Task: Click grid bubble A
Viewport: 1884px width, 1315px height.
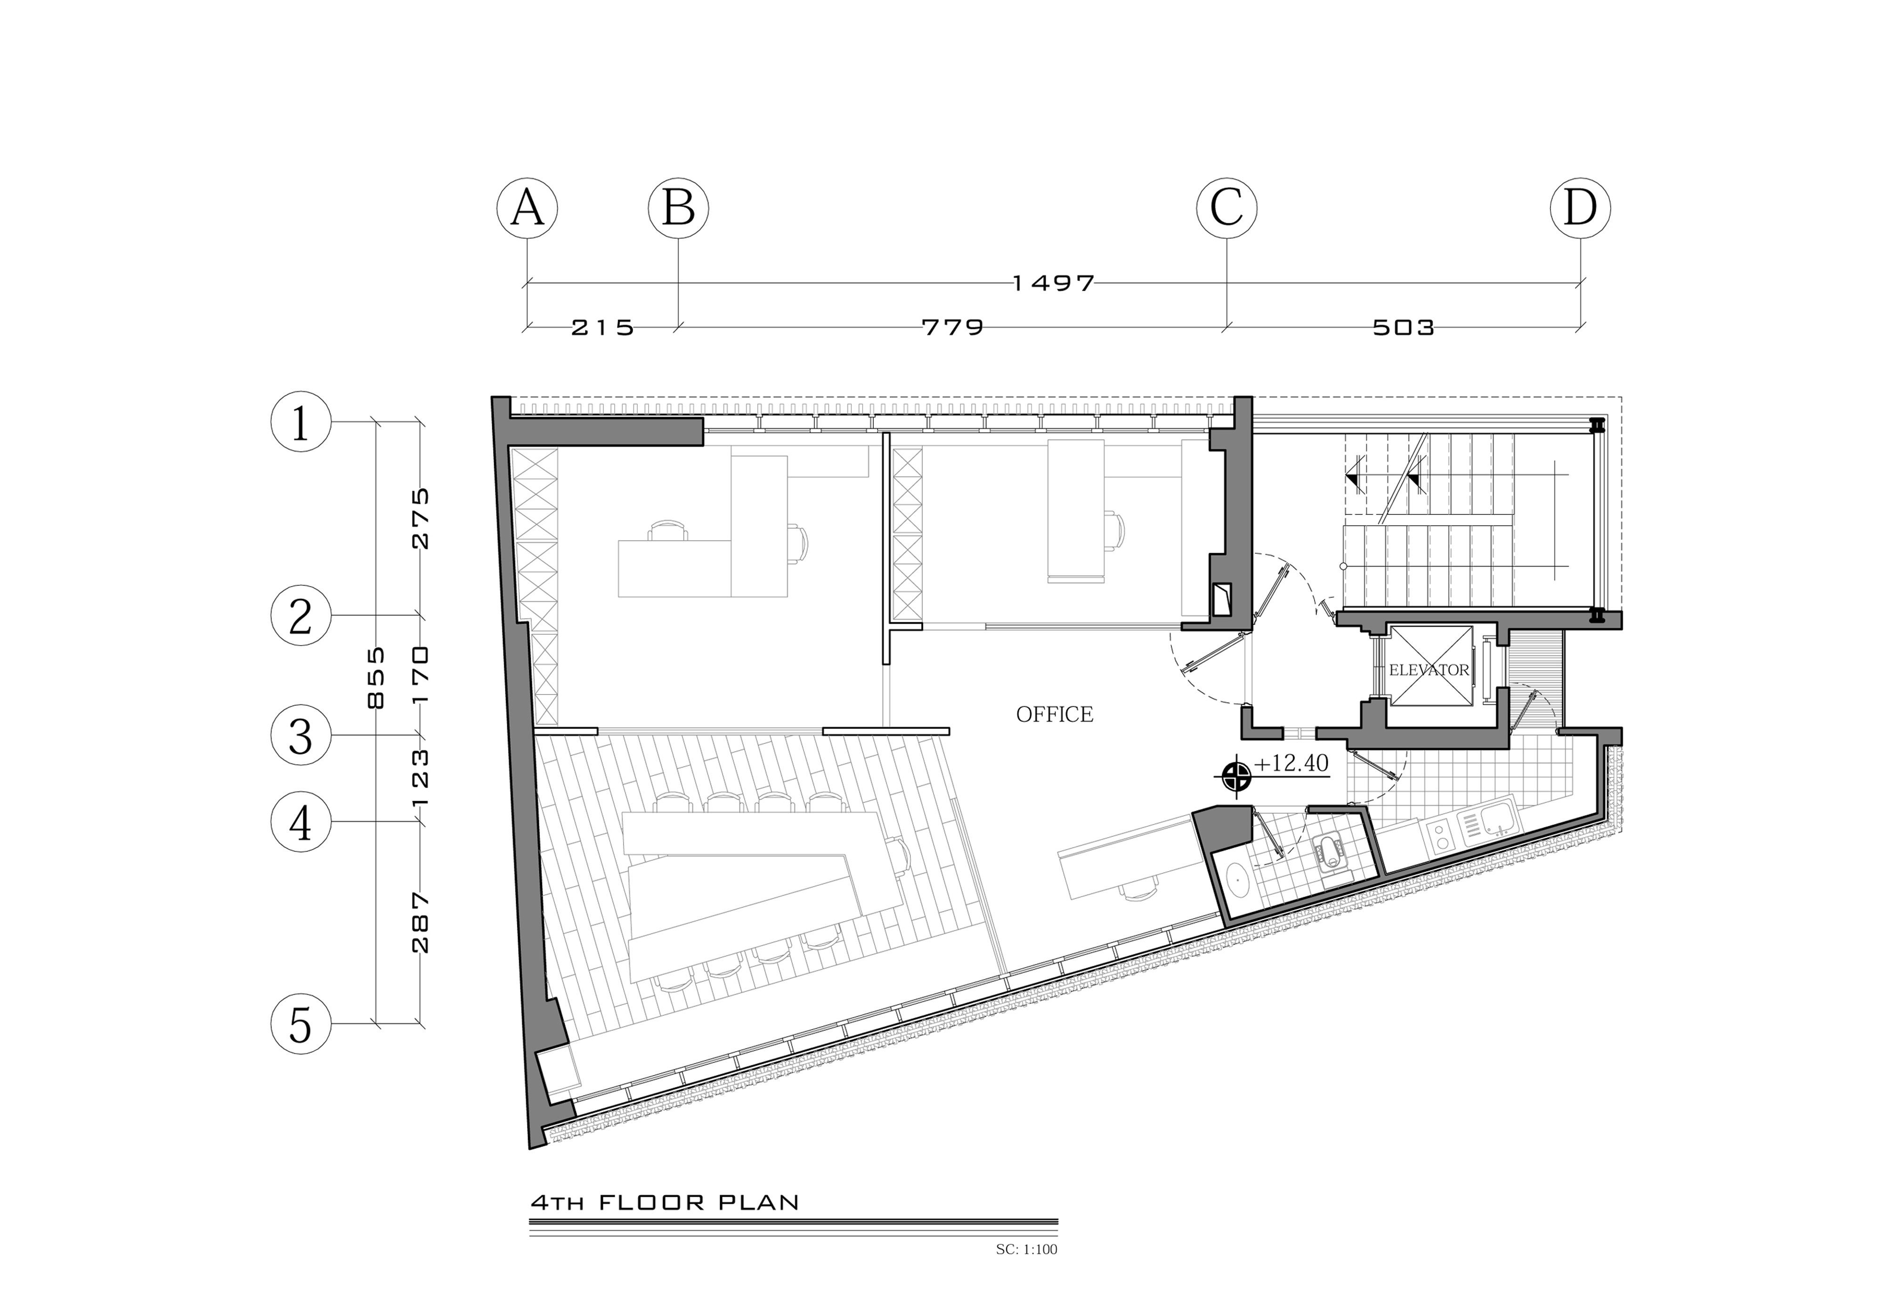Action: point(527,209)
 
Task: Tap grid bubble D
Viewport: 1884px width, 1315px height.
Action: point(1580,209)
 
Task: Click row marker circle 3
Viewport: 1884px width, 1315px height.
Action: point(301,735)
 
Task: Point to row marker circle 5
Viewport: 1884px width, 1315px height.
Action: point(301,1024)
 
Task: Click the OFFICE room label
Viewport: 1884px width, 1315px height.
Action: point(1055,715)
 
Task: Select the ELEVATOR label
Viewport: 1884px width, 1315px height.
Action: point(1429,670)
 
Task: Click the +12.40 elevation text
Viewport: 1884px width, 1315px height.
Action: point(1291,763)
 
